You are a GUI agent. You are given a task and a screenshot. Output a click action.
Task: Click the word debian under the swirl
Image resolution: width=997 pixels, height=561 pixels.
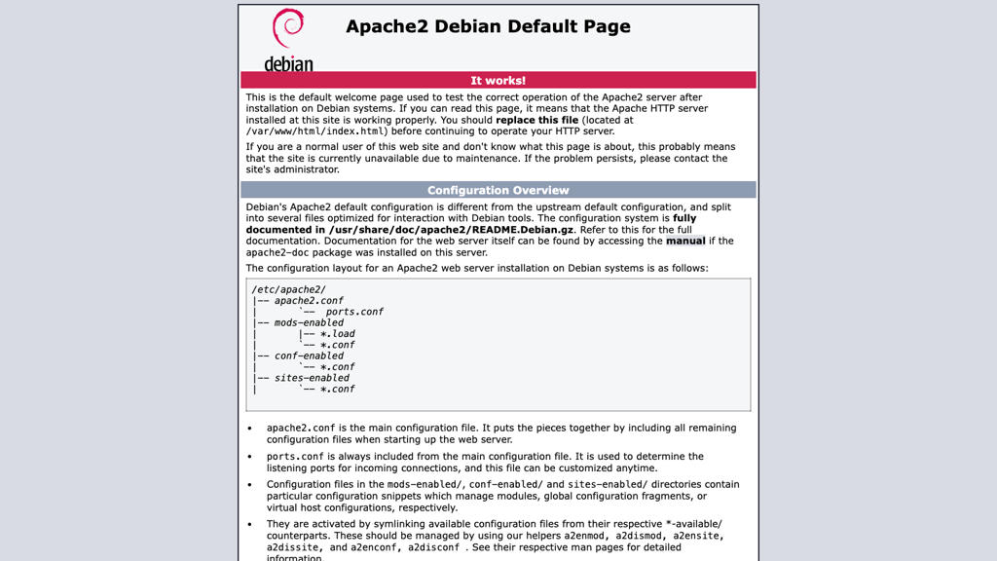pyautogui.click(x=288, y=64)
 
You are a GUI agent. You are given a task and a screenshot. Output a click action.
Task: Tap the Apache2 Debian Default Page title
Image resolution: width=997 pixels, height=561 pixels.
pyautogui.click(x=488, y=26)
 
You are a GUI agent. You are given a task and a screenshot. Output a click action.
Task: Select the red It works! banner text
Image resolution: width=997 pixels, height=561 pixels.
pyautogui.click(x=498, y=81)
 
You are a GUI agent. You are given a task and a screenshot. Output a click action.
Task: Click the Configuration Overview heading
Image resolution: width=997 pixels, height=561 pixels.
pyautogui.click(x=498, y=190)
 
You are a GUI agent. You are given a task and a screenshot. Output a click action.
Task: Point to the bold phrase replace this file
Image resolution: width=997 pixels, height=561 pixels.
pyautogui.click(x=536, y=120)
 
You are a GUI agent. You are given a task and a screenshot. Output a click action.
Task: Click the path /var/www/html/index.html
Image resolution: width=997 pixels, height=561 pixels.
pyautogui.click(x=315, y=131)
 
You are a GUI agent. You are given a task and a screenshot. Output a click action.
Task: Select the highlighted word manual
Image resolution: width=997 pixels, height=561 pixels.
pyautogui.click(x=685, y=241)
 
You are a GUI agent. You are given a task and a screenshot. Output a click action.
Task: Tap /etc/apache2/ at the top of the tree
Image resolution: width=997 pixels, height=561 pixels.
pyautogui.click(x=288, y=289)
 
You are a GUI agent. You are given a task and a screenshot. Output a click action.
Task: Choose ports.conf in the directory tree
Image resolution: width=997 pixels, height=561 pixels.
pyautogui.click(x=354, y=312)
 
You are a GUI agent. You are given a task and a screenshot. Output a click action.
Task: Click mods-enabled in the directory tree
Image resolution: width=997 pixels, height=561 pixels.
pyautogui.click(x=309, y=322)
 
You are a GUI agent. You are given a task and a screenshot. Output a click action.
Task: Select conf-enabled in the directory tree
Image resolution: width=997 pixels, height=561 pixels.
pyautogui.click(x=309, y=355)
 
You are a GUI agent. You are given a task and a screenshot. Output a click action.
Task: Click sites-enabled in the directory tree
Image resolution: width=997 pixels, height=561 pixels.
pyautogui.click(x=312, y=378)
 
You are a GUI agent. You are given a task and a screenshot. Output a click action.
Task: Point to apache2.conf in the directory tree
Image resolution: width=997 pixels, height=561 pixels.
pyautogui.click(x=309, y=301)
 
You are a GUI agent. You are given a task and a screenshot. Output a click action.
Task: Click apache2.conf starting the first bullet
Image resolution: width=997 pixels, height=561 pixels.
pyautogui.click(x=301, y=428)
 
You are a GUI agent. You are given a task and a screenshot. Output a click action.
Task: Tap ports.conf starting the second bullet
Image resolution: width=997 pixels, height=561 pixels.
pyautogui.click(x=295, y=456)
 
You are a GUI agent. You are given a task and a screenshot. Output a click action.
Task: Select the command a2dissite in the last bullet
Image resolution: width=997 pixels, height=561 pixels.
pyautogui.click(x=293, y=547)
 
